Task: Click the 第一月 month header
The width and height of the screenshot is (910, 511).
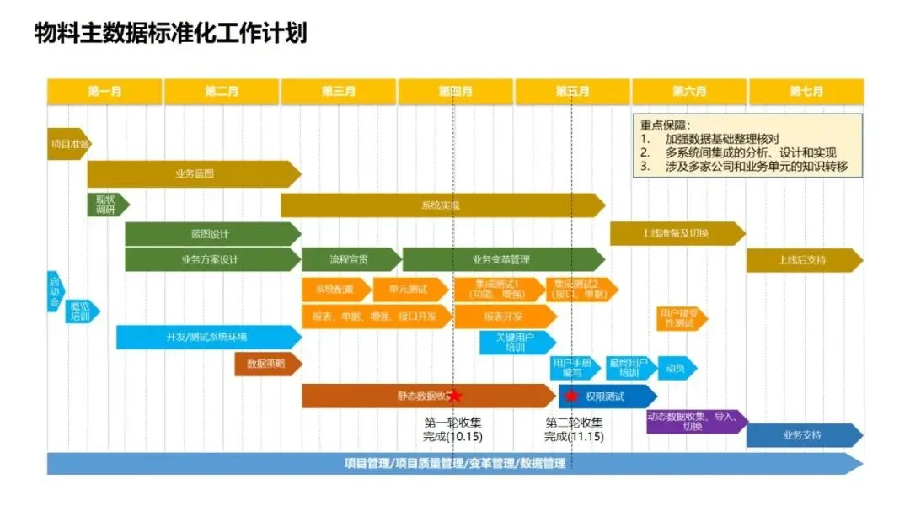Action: click(x=104, y=92)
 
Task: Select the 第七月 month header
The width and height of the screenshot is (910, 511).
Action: click(x=806, y=92)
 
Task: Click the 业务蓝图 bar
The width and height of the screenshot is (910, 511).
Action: click(x=194, y=174)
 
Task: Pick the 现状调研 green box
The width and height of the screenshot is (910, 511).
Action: click(x=107, y=205)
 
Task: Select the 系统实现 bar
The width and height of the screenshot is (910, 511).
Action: click(x=442, y=205)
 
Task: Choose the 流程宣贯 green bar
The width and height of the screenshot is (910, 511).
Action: click(x=349, y=259)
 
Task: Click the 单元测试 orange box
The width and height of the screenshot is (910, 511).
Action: click(x=407, y=290)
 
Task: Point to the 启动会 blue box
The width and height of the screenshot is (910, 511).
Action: click(x=55, y=291)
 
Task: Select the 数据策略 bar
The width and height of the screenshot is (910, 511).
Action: click(x=266, y=365)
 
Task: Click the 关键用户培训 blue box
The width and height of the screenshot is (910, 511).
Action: click(x=515, y=342)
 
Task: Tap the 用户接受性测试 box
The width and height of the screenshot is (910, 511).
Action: click(x=680, y=318)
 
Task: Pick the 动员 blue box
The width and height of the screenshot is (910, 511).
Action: click(x=677, y=369)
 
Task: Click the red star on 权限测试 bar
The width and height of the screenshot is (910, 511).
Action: click(x=571, y=396)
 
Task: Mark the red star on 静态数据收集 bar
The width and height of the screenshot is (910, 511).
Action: click(x=455, y=396)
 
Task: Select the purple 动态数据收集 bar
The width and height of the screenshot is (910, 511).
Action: click(x=693, y=421)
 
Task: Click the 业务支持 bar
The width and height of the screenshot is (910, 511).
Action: click(x=802, y=435)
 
